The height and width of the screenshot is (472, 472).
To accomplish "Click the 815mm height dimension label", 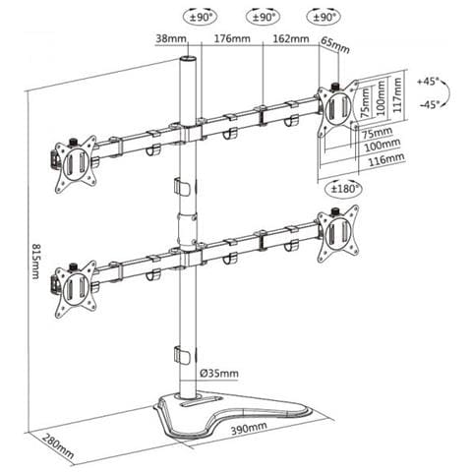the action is point(35,261).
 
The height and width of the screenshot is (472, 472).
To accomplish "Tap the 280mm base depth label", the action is point(59,446).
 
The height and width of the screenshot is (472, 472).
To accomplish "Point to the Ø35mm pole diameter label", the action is point(219,373).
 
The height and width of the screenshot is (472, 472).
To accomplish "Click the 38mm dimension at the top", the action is point(171,38).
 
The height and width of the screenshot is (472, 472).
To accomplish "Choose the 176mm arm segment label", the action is point(232,38).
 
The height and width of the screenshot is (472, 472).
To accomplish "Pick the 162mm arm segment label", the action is point(291,38).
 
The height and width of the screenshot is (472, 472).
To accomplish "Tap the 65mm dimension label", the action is point(335,45).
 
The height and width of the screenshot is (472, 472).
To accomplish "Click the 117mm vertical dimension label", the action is point(397,95).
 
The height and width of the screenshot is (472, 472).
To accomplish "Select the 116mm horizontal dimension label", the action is point(386,159).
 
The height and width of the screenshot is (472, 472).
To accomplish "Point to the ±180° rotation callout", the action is point(343,189).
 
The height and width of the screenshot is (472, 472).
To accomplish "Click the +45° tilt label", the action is point(428,81).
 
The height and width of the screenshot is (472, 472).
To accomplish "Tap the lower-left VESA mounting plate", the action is point(76,289).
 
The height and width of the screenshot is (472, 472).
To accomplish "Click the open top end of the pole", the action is point(188,59).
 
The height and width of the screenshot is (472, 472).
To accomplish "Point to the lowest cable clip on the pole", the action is point(182,355).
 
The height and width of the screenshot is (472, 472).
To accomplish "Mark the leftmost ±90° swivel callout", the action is point(201,18).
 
